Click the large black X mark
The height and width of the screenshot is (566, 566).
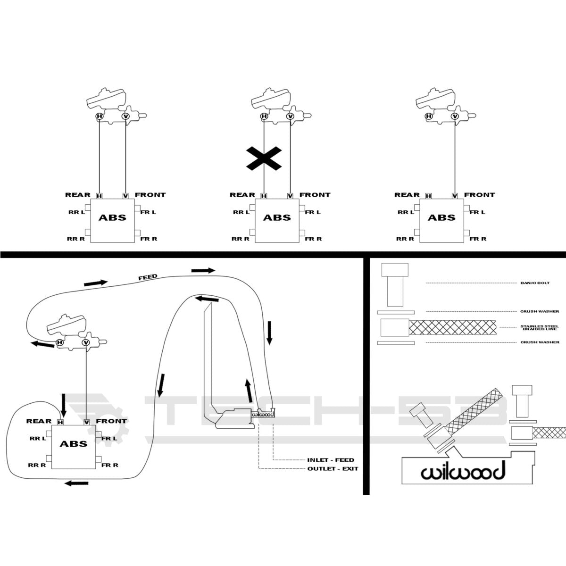tap(264, 158)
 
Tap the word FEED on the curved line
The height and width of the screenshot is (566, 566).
tap(148, 277)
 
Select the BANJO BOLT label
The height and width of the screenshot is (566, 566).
tap(535, 283)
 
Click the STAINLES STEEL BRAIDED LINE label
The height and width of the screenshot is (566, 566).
tap(540, 327)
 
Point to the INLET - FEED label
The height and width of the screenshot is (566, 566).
tap(331, 460)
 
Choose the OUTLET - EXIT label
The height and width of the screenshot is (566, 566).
tap(333, 469)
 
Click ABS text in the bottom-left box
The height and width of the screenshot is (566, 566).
tap(74, 444)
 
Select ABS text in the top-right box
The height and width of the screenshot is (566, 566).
tap(441, 217)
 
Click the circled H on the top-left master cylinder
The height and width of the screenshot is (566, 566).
tap(100, 117)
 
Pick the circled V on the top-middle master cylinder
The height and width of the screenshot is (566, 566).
tap(290, 117)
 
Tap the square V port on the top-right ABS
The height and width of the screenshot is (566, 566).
tap(455, 196)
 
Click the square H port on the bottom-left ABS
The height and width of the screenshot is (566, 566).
tap(60, 422)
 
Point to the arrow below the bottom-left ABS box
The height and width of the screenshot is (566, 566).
tap(76, 483)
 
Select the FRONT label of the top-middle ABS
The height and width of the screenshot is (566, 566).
tap(315, 195)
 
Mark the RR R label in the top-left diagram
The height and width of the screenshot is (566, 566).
tap(76, 239)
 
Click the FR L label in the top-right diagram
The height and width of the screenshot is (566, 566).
tap(477, 212)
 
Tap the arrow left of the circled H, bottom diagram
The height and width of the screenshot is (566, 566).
tap(42, 344)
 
